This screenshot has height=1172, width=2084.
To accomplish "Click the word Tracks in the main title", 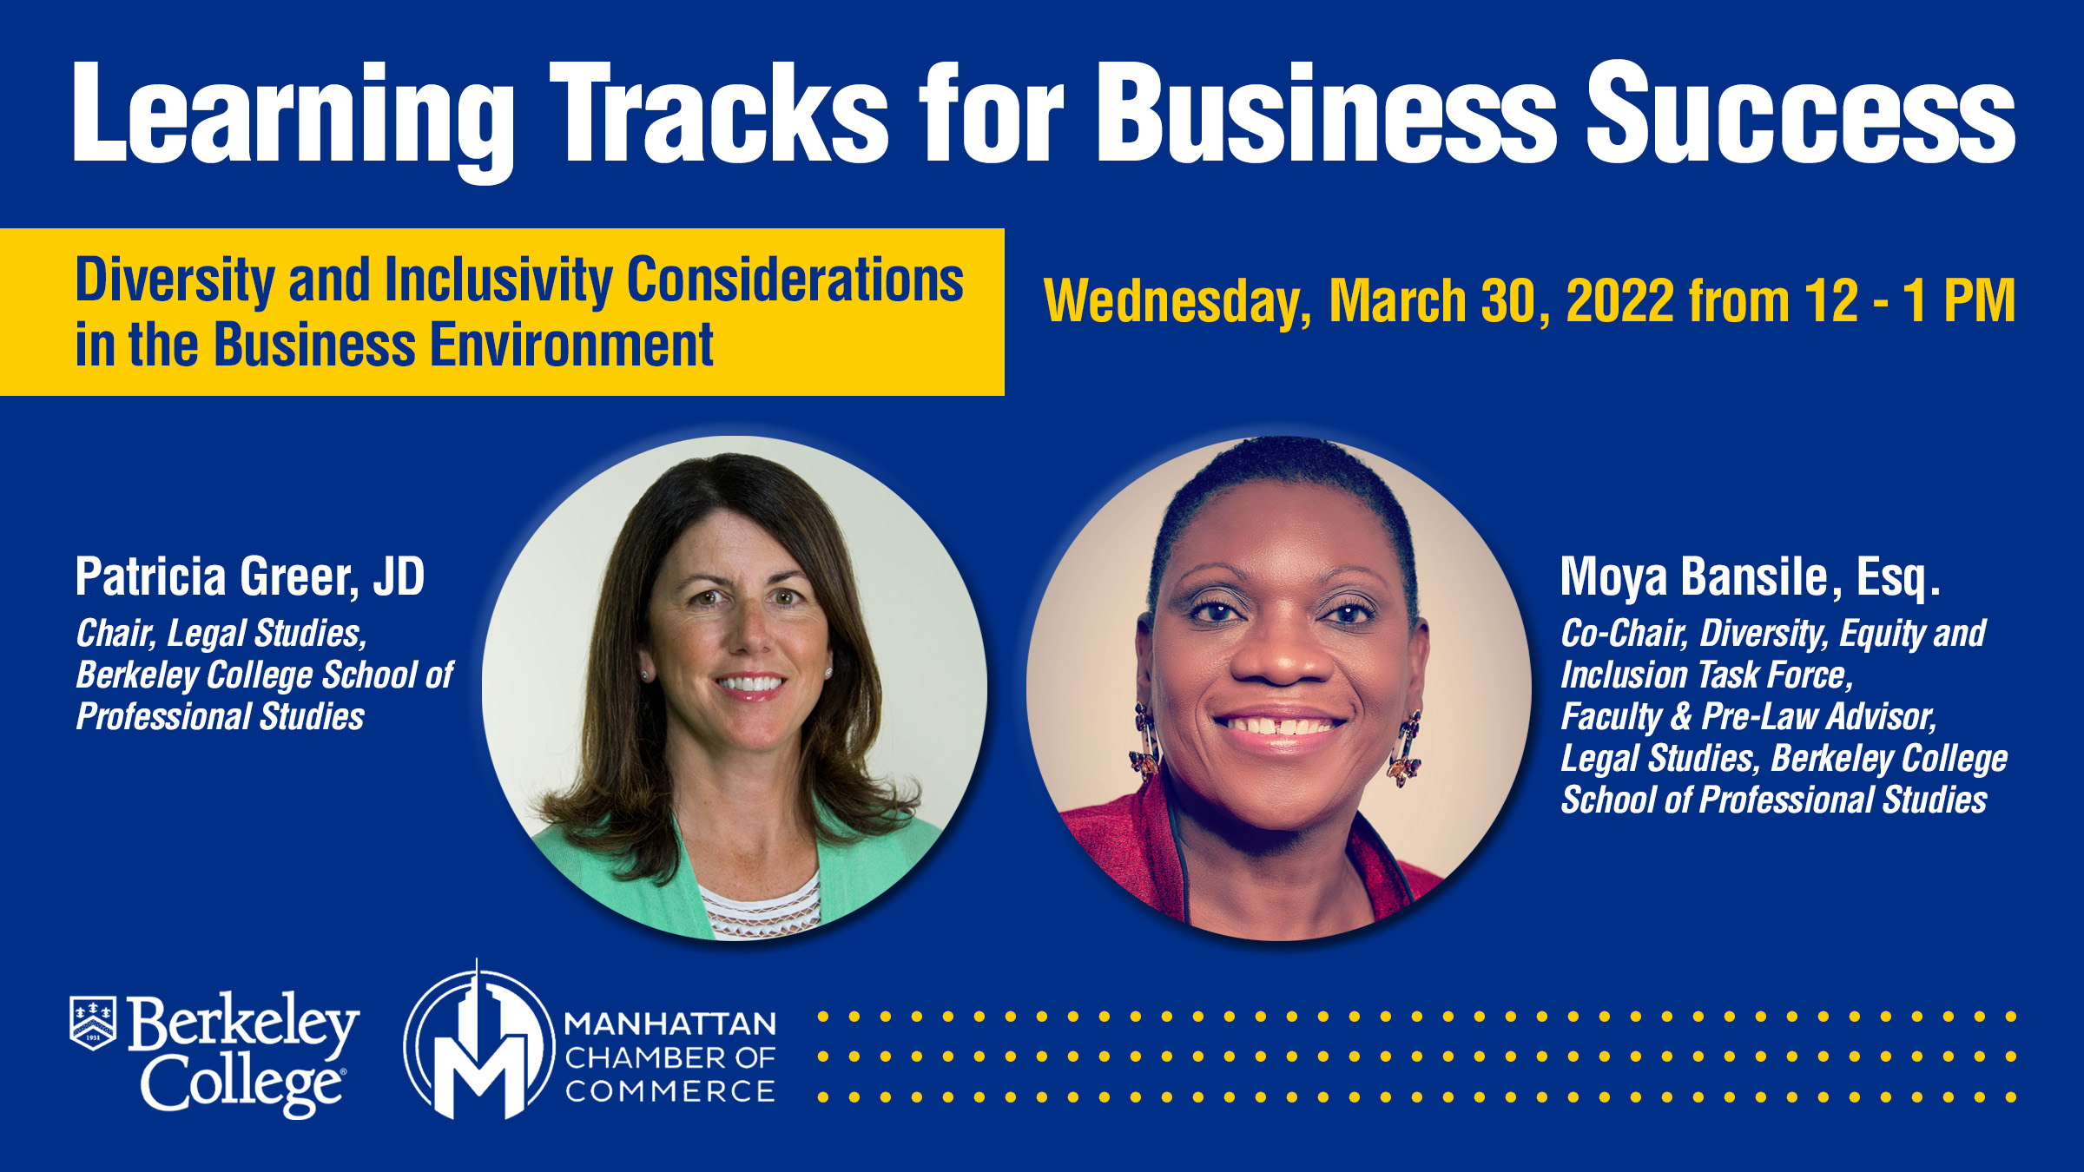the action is [x=719, y=113].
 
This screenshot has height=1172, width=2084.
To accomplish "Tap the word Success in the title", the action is [x=1801, y=113].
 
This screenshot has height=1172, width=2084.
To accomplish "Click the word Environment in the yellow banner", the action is [x=571, y=345].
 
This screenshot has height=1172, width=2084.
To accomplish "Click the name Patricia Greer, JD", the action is [x=250, y=577].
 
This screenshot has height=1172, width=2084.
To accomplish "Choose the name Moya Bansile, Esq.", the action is [x=1751, y=577].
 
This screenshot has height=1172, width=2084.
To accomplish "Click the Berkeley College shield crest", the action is [x=93, y=1023].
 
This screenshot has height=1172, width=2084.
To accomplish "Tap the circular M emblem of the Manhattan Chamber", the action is [x=479, y=1042].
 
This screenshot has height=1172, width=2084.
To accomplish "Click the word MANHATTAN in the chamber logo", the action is [x=670, y=1024].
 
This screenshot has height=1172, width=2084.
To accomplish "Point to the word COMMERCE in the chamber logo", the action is [x=670, y=1091].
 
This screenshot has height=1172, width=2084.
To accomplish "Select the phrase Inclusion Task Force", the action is [x=1707, y=675].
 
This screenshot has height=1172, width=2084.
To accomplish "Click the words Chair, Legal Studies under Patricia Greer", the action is [x=221, y=634].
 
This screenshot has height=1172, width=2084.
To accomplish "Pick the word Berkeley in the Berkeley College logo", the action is [x=243, y=1024].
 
